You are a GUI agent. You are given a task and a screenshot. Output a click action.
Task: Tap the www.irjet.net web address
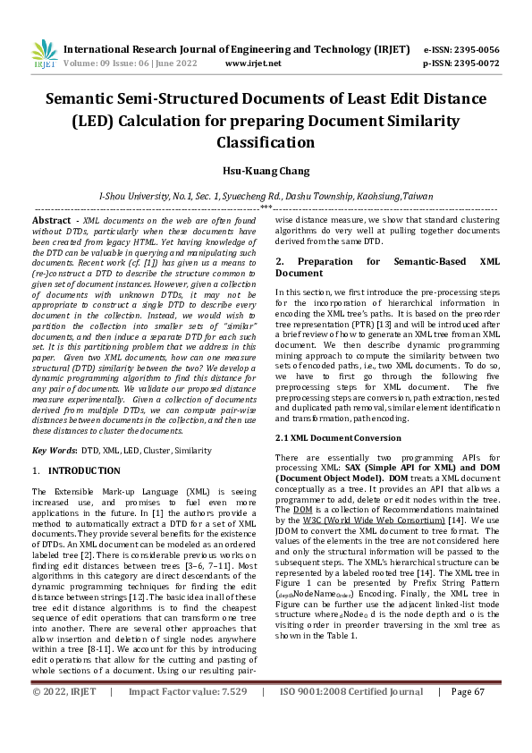(253, 63)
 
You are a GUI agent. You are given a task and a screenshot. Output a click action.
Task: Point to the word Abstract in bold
(51, 220)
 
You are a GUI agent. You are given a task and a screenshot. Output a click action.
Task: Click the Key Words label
(55, 451)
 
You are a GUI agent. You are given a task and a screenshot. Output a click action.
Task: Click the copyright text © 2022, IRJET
(65, 716)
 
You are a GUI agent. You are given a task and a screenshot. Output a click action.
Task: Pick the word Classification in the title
(266, 141)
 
